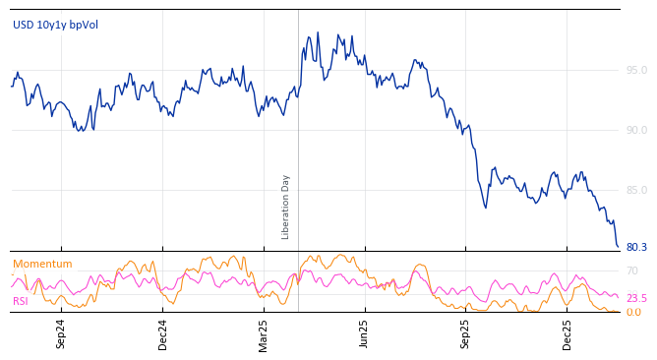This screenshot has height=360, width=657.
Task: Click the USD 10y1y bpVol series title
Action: tap(55, 25)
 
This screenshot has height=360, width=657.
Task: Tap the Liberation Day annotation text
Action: tap(286, 207)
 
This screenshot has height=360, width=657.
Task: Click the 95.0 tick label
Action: tap(636, 70)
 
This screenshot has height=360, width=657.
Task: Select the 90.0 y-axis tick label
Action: tap(636, 130)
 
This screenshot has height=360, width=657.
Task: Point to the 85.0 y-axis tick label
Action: tap(636, 190)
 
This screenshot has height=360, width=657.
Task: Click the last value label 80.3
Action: tap(636, 248)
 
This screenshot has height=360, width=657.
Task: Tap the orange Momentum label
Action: tap(42, 265)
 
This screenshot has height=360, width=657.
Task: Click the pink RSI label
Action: tap(20, 301)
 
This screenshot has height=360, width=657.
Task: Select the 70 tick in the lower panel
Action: tap(632, 270)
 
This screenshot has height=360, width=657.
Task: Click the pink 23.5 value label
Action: tap(636, 298)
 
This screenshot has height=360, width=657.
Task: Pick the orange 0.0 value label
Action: tap(633, 313)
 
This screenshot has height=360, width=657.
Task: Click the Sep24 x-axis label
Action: tap(61, 333)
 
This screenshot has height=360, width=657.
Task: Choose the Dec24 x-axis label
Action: tap(163, 333)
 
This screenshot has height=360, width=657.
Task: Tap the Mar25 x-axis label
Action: tap(264, 333)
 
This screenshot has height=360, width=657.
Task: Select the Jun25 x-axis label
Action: tap(364, 333)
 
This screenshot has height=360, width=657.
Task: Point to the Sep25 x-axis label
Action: tap(465, 333)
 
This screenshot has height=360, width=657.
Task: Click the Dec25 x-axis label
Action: tap(567, 333)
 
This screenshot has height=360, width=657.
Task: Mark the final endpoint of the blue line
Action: tap(619, 247)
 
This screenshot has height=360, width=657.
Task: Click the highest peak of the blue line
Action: tap(317, 32)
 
